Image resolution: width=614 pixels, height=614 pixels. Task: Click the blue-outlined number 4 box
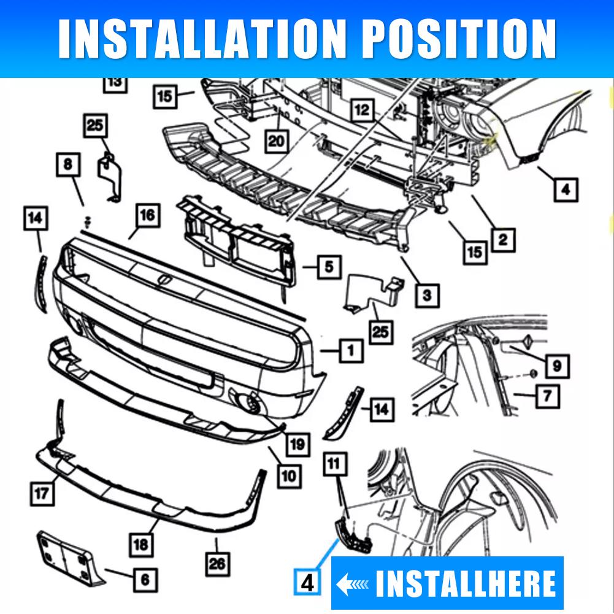[x=308, y=581]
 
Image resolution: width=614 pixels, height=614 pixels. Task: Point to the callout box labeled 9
[x=556, y=366]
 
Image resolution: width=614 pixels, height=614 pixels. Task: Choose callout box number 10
[x=289, y=475]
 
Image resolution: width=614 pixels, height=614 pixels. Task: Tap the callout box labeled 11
[x=334, y=464]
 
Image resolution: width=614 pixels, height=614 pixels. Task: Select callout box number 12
[x=363, y=110]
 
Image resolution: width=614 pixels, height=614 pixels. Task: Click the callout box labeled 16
[x=147, y=216]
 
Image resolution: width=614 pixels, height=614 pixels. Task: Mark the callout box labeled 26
[x=217, y=562]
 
